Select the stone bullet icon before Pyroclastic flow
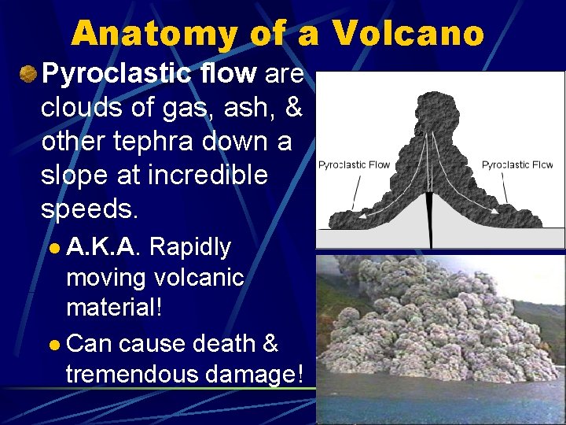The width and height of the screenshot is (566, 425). [28, 74]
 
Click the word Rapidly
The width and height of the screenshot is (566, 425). [189, 247]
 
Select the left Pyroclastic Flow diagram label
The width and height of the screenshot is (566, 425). [354, 164]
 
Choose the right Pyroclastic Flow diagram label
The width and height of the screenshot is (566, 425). [516, 164]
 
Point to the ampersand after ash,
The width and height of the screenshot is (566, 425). [293, 109]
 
